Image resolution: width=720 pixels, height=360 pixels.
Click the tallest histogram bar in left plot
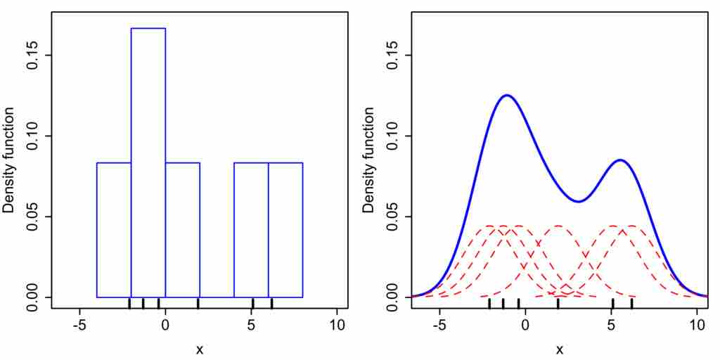point(148,162)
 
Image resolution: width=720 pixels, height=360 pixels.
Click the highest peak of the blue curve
point(506,95)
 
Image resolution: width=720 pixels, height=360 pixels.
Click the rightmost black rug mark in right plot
point(631,303)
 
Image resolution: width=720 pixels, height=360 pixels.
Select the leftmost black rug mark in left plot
point(129,303)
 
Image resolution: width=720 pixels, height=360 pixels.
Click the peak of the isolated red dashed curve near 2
point(558,226)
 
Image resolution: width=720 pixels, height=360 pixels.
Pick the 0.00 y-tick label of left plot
point(32,297)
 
